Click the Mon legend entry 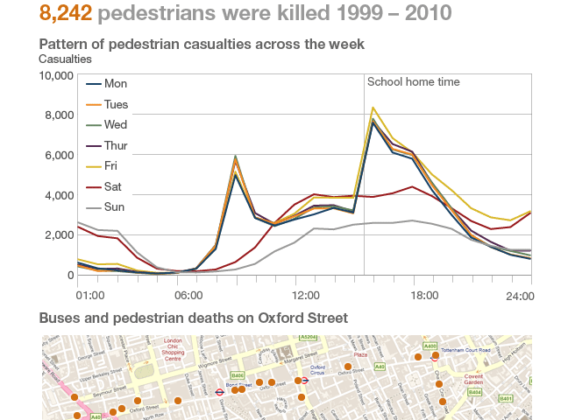tap(116, 83)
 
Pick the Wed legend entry tap(116, 124)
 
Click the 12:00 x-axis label tap(305, 296)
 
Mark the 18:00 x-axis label tap(424, 296)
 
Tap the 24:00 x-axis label tap(520, 297)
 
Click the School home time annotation tap(413, 82)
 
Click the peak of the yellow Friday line tap(373, 108)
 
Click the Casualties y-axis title tap(66, 59)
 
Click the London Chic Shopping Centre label tap(172, 350)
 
